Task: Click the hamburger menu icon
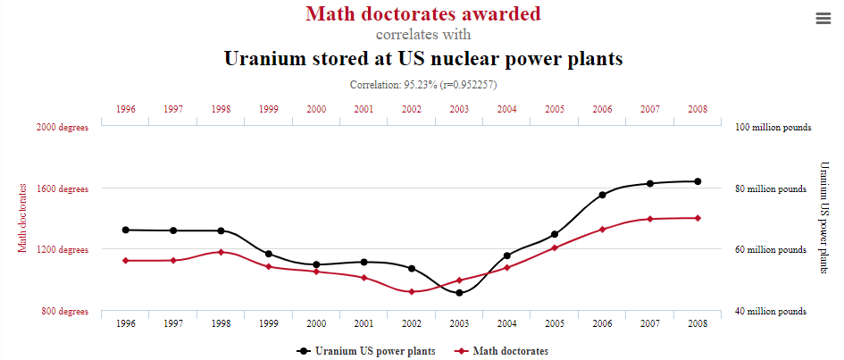pos(822,19)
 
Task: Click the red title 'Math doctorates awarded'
pos(422,14)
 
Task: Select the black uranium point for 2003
pos(459,293)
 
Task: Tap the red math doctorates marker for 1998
pos(221,252)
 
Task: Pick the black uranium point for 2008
pos(698,181)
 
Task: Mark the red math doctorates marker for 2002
pos(412,292)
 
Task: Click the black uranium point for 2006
pos(603,195)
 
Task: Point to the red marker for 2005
pos(555,247)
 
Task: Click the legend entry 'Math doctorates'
pos(502,351)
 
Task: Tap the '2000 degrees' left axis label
pos(63,128)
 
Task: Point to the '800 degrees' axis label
pos(63,312)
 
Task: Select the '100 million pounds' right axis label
pos(773,128)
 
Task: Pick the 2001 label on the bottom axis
pos(364,323)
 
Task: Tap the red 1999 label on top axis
pos(269,109)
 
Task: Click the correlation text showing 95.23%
pos(422,85)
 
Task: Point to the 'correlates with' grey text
pos(422,36)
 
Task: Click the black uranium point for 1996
pos(126,230)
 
